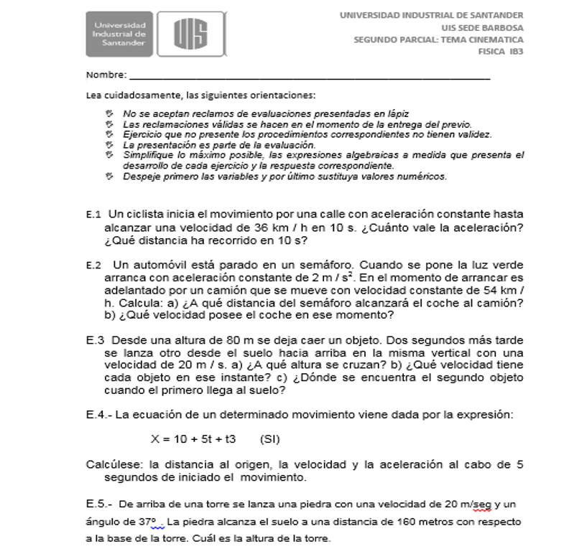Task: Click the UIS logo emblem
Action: (190, 34)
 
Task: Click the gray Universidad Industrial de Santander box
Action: (119, 34)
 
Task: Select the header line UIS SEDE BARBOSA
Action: (483, 27)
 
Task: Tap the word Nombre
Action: (105, 75)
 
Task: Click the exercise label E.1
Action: (93, 214)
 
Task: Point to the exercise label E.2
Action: (93, 265)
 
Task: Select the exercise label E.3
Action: (96, 340)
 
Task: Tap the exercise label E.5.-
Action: (99, 504)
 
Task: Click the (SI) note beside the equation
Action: (269, 438)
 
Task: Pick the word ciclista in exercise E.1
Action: (147, 214)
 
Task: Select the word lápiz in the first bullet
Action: (397, 113)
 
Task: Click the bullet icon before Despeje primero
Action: (109, 176)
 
